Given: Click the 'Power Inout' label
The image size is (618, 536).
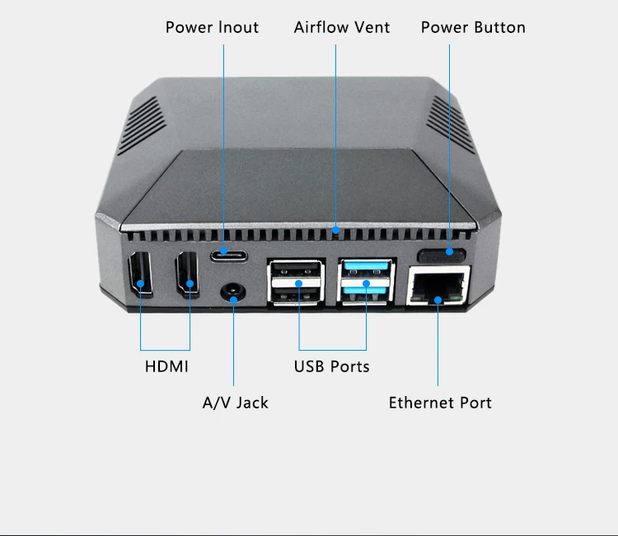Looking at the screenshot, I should pyautogui.click(x=212, y=27).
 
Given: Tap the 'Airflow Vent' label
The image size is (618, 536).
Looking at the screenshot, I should pyautogui.click(x=342, y=27).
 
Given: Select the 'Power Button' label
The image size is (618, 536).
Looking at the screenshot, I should pyautogui.click(x=473, y=27).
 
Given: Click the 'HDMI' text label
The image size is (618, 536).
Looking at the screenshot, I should pyautogui.click(x=166, y=366).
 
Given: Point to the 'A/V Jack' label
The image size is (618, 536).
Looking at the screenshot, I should pyautogui.click(x=236, y=403).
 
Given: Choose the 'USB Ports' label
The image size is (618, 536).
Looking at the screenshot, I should pyautogui.click(x=332, y=366).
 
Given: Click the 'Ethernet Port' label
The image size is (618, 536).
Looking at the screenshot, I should pyautogui.click(x=440, y=403).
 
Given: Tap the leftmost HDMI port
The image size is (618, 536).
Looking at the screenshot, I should pyautogui.click(x=139, y=277).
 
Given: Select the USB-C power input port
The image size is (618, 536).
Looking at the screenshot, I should pyautogui.click(x=228, y=253).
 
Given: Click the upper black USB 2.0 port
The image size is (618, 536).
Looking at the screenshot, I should pyautogui.click(x=295, y=267).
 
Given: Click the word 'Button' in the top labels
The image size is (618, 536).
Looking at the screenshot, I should pyautogui.click(x=498, y=27).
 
